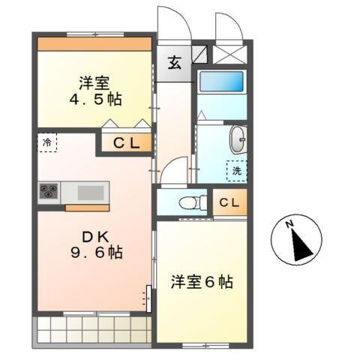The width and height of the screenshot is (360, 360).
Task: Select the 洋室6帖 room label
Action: coord(201,282)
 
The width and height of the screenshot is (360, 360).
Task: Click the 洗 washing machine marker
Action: coord(236,171)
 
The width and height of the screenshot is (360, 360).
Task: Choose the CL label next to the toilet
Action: coord(230,202)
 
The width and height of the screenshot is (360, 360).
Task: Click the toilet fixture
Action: coord(190,201)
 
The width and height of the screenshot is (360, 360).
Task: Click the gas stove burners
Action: coord(50,192)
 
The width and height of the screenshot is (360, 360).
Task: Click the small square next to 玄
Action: coord(199,53)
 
